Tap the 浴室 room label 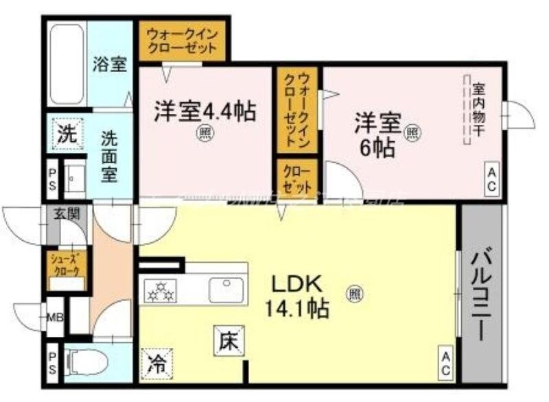pos(110,65)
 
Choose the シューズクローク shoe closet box pos(67,265)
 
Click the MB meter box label pos(56,317)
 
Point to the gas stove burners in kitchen pos(159,291)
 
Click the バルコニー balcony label pos(482,296)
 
